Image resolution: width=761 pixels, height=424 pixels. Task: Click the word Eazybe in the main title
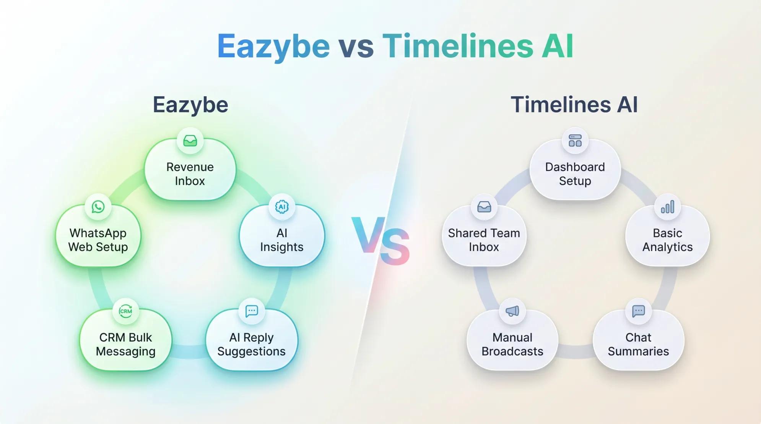click(x=273, y=47)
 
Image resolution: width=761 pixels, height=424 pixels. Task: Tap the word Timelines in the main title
click(x=458, y=47)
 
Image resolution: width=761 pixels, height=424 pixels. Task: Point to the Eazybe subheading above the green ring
click(x=190, y=105)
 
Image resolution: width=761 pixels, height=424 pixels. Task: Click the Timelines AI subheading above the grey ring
click(x=574, y=105)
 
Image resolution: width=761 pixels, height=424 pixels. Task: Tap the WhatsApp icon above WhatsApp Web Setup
click(x=98, y=207)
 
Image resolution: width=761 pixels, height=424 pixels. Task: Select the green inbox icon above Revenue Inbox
click(x=190, y=141)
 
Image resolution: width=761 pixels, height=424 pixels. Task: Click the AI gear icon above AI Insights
click(x=282, y=207)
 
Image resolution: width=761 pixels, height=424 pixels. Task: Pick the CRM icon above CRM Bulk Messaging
click(x=126, y=311)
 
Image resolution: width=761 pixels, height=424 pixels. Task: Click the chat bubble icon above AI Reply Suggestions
click(x=251, y=311)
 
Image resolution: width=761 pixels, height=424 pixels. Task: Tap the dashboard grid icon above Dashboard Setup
click(x=575, y=141)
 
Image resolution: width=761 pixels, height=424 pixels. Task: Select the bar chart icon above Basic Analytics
click(x=667, y=207)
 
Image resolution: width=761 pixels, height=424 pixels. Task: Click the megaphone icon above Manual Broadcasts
click(x=512, y=311)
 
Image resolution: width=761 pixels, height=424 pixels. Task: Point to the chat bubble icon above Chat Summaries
click(x=638, y=311)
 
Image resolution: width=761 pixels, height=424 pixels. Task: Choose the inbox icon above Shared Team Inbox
click(x=484, y=207)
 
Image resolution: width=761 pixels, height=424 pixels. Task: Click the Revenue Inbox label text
click(x=190, y=174)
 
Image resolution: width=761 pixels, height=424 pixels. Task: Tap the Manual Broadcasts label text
click(x=512, y=344)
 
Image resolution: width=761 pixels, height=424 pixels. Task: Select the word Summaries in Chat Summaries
click(x=638, y=351)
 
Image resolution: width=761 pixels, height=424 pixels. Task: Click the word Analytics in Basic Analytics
click(x=667, y=247)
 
